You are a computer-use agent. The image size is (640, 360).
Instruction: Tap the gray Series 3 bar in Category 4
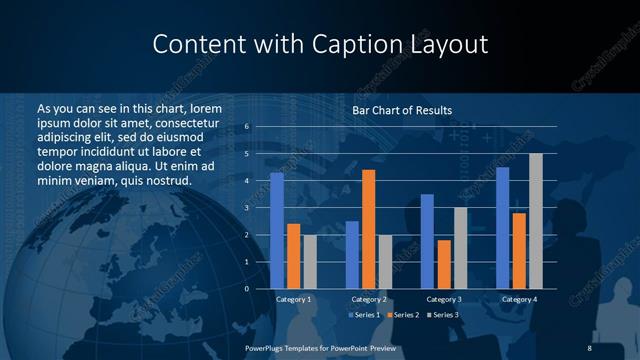[x=535, y=221]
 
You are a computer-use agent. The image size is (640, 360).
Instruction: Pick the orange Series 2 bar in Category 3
[x=444, y=264]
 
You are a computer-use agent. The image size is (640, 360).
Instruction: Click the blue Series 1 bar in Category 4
[x=502, y=228]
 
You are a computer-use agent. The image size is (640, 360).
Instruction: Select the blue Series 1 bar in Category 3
[x=427, y=241]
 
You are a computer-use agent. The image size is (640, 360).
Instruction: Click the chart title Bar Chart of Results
[x=402, y=110]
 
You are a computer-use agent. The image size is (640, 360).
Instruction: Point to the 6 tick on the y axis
[x=246, y=127]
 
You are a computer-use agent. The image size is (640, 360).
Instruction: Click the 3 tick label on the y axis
[x=246, y=208]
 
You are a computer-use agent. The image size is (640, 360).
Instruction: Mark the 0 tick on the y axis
[x=246, y=289]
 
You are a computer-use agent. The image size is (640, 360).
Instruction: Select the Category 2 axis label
[x=368, y=300]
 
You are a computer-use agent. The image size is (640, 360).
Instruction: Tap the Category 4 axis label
[x=518, y=300]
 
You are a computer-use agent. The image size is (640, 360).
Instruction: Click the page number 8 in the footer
[x=589, y=347]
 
